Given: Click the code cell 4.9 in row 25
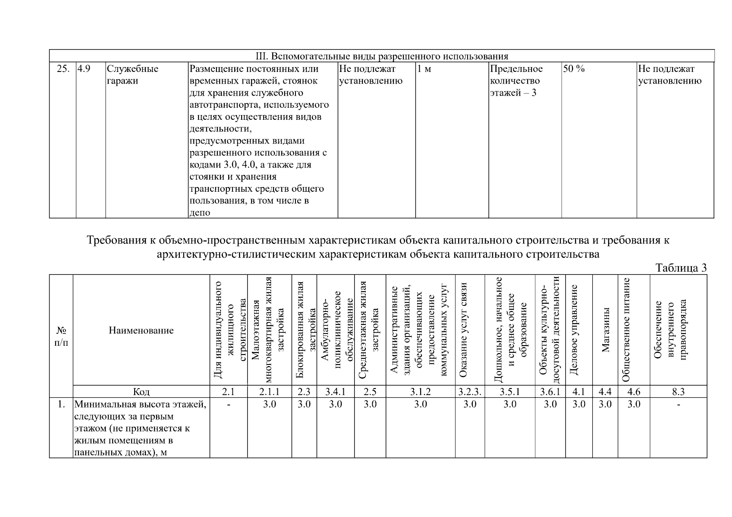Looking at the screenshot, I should click(84, 69).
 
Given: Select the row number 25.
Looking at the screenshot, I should click(63, 69).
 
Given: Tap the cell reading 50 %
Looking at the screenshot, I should click(574, 69).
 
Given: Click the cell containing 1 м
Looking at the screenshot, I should click(424, 69).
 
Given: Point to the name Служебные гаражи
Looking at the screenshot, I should click(132, 75).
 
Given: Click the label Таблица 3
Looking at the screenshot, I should click(681, 268).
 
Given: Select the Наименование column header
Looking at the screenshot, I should click(141, 330).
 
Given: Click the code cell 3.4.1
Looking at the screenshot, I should click(335, 392).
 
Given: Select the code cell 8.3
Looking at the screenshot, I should click(678, 392).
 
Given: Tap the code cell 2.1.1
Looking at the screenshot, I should click(269, 392).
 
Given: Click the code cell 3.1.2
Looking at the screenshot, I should click(420, 392).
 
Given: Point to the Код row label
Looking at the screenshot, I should click(141, 392).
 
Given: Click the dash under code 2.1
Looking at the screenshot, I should click(229, 405).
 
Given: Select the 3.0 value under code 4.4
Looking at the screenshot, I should click(605, 404).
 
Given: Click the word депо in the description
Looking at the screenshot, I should click(200, 213).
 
